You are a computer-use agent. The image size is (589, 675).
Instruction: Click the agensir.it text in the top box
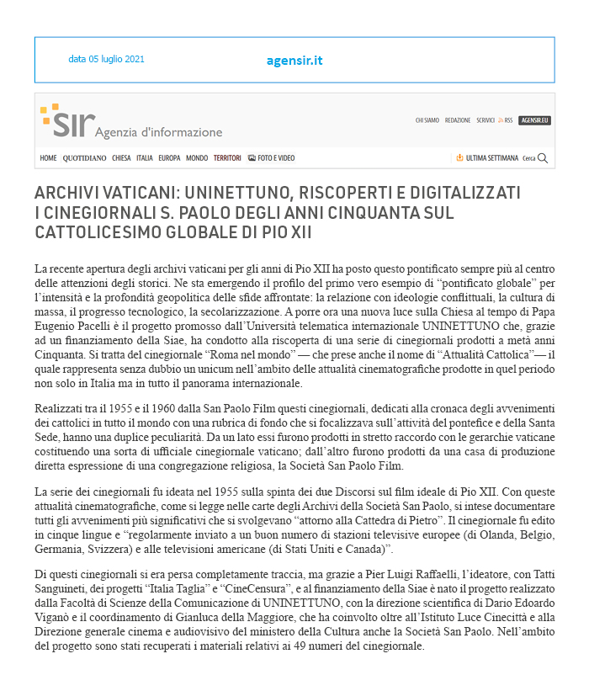(x=294, y=61)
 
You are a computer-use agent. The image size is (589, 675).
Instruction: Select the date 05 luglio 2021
(x=106, y=60)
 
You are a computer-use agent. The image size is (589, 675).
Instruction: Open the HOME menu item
(x=48, y=158)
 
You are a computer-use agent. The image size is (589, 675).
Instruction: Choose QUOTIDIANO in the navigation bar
(x=84, y=158)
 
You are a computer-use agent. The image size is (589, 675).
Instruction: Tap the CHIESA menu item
(x=121, y=158)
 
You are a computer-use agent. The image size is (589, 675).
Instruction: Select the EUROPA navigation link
(x=169, y=158)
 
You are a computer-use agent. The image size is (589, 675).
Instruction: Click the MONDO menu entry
(x=197, y=158)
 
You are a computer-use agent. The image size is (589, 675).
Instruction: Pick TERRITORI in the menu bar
(x=227, y=158)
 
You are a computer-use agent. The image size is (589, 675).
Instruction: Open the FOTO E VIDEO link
(x=272, y=158)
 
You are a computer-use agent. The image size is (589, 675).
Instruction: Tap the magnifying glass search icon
(x=543, y=158)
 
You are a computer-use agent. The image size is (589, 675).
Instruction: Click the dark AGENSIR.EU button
(x=534, y=120)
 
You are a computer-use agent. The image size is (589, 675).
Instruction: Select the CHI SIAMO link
(x=427, y=120)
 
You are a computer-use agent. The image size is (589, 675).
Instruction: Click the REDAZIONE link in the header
(x=458, y=120)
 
